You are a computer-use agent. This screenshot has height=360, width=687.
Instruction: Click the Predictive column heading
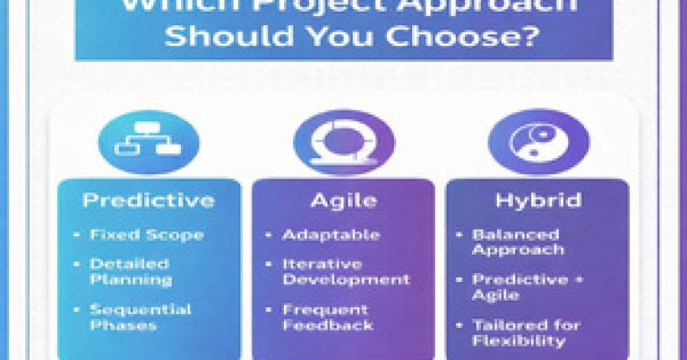pos(148,201)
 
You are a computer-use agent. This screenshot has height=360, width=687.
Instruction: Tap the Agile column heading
pos(343,201)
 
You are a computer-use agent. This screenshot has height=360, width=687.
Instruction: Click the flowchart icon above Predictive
pos(148,142)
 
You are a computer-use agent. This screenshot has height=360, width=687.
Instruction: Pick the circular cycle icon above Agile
pos(343,142)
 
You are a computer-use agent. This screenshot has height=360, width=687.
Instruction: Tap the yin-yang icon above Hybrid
pos(538,142)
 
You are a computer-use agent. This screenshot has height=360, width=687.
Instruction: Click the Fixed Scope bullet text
pos(147,235)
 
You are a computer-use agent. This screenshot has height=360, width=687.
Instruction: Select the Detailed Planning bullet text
pos(131,272)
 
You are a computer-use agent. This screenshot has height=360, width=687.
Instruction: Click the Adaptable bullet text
pos(331,235)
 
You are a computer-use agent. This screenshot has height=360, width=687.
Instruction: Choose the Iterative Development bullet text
pos(346,272)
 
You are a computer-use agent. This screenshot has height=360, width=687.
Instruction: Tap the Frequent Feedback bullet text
pos(326,316)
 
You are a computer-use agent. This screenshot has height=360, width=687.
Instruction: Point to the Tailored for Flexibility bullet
pos(524,332)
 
